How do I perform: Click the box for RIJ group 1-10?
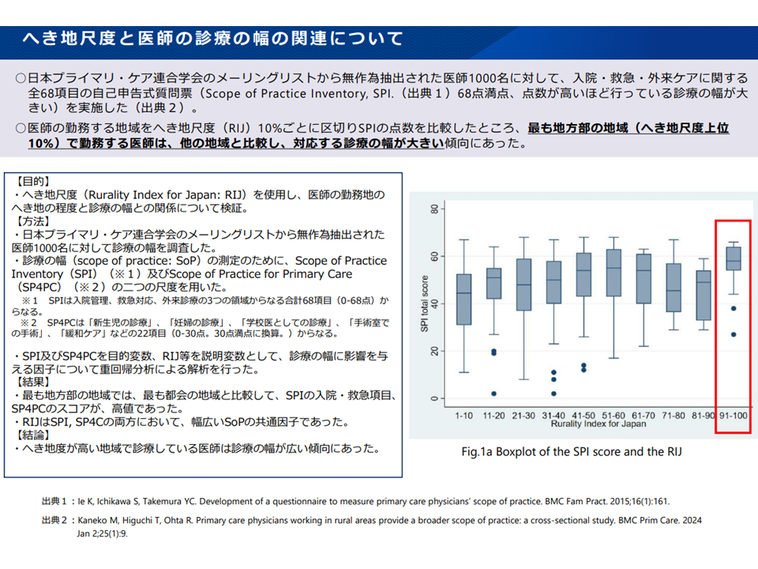pyautogui.click(x=464, y=299)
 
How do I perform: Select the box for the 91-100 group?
pyautogui.click(x=734, y=258)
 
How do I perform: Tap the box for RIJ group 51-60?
pyautogui.click(x=612, y=272)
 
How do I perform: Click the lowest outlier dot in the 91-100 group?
pyautogui.click(x=734, y=334)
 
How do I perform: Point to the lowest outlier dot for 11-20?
pyautogui.click(x=494, y=393)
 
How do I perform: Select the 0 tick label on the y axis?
pyautogui.click(x=433, y=398)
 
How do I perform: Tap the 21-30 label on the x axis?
pyautogui.click(x=523, y=414)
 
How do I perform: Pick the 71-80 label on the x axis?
pyautogui.click(x=673, y=414)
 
